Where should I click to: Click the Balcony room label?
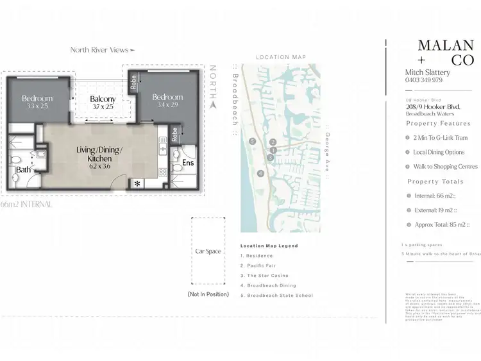click(x=103, y=99)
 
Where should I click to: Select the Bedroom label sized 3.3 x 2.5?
click(x=37, y=98)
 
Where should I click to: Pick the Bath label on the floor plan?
click(x=24, y=170)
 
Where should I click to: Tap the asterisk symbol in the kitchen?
click(x=137, y=183)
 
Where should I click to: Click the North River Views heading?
click(x=103, y=49)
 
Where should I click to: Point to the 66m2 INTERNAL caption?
click(x=26, y=204)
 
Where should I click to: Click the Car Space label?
click(x=208, y=251)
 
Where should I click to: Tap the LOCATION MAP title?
click(x=280, y=57)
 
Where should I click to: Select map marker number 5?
click(x=253, y=141)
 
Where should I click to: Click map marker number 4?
click(x=260, y=173)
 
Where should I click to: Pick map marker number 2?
click(x=273, y=142)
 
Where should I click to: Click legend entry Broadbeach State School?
click(x=276, y=295)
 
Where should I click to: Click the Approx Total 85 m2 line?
click(x=443, y=225)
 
